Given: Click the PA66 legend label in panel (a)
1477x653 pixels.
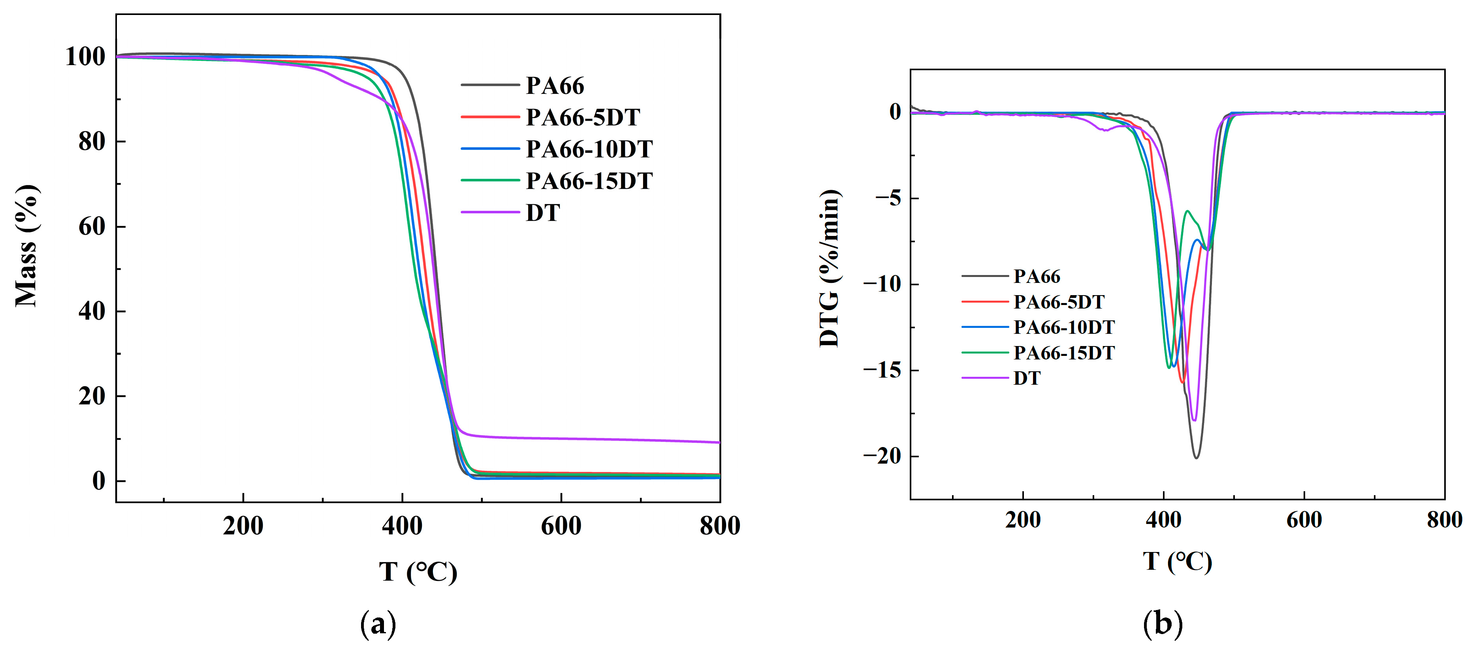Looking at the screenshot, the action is point(555,86).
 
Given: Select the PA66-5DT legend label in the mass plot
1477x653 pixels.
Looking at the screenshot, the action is point(583,118).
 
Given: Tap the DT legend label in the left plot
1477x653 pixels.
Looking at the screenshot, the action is point(542,213).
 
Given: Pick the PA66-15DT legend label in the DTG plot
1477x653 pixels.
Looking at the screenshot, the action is point(1063,353).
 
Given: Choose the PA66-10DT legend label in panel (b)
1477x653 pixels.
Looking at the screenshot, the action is point(1063,327).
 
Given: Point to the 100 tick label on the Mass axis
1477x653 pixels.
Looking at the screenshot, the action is point(85,57).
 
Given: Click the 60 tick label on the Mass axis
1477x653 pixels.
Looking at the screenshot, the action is point(92,227).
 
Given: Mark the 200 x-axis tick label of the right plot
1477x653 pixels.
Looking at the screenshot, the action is point(1022,520).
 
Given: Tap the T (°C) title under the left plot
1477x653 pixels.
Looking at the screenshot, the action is point(418,572).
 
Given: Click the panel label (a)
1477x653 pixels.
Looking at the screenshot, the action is point(378,624).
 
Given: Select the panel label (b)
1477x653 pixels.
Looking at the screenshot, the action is point(1162,624).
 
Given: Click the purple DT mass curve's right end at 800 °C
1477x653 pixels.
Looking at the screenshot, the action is point(719,442).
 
